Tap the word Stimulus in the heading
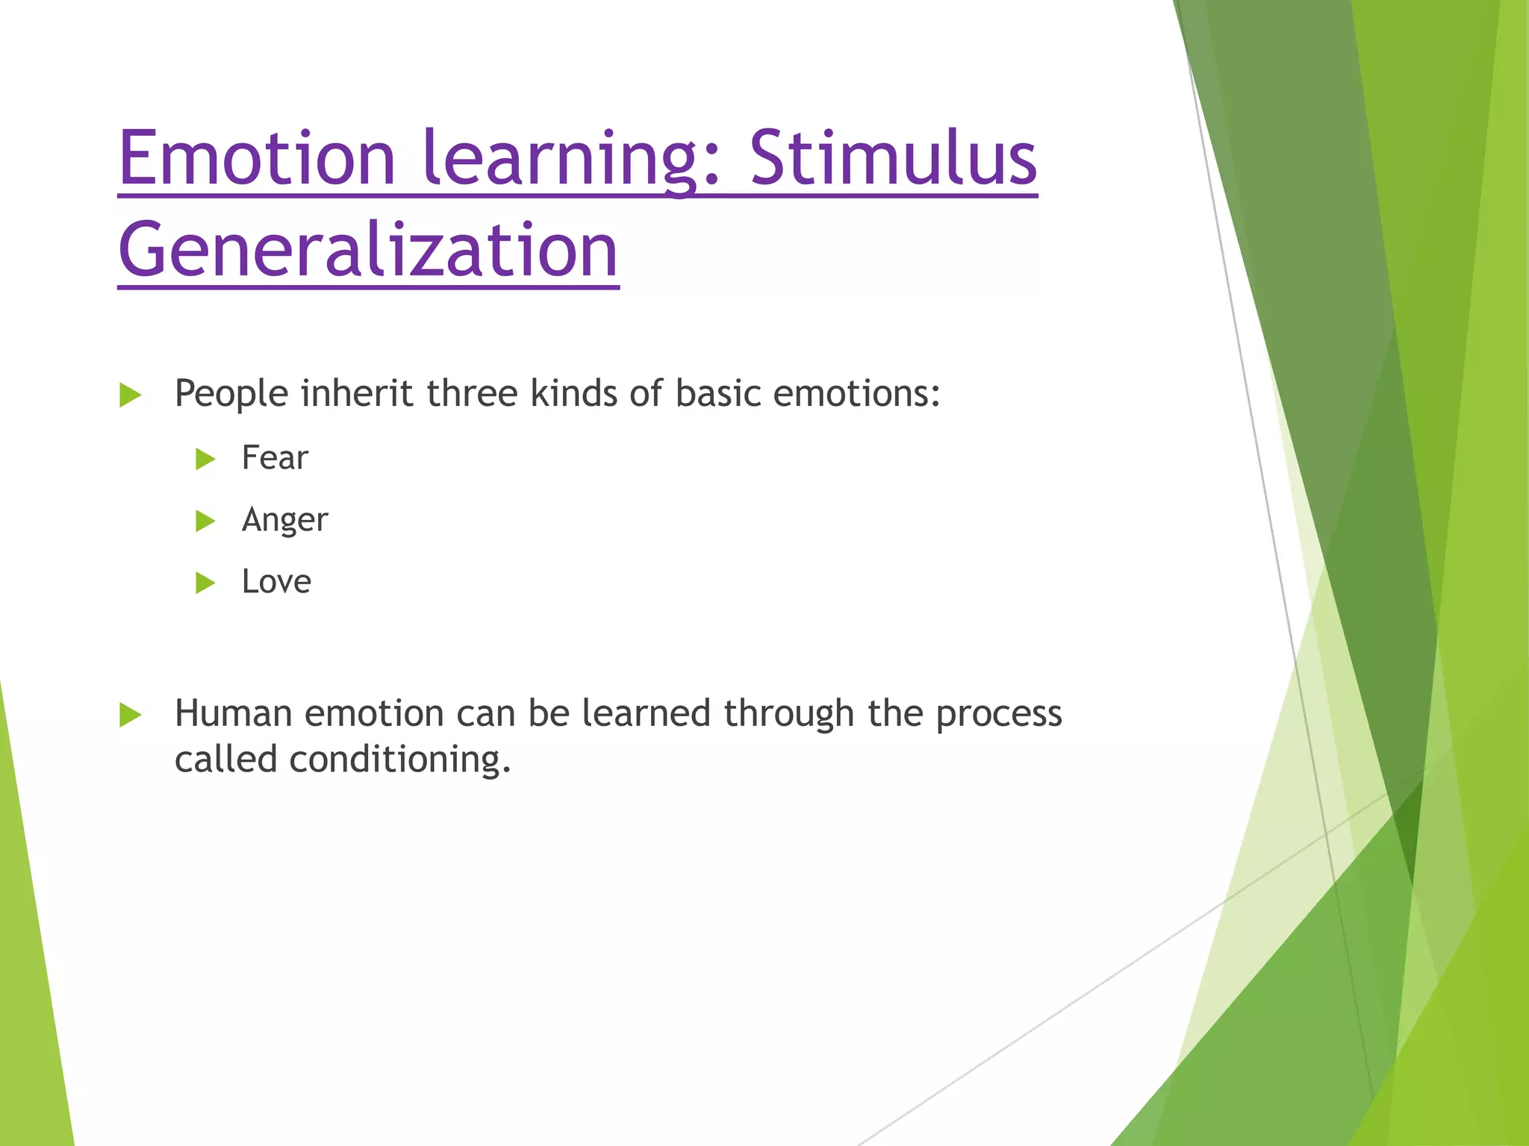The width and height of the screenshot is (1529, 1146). click(893, 158)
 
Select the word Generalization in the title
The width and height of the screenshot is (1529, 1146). click(368, 250)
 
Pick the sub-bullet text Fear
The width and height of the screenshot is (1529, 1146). click(275, 458)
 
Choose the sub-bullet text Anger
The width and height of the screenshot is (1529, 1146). click(284, 520)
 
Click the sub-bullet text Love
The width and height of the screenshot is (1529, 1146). click(276, 582)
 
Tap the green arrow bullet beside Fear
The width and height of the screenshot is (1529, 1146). click(205, 459)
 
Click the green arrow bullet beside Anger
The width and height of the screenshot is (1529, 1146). click(205, 521)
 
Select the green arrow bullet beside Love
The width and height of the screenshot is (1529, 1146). click(205, 583)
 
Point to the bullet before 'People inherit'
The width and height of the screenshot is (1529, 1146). click(131, 395)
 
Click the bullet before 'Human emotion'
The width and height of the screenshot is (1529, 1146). click(131, 715)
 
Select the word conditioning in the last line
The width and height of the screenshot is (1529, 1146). click(399, 760)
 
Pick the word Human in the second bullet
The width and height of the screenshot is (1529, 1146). click(233, 713)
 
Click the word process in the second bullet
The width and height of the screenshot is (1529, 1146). click(998, 715)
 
